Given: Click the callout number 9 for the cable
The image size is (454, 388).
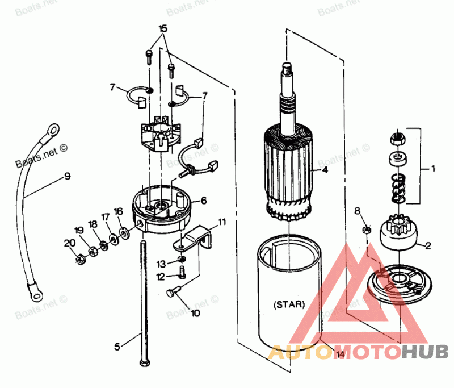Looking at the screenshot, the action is [68, 176].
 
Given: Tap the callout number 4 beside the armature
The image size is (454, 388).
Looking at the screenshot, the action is [325, 169].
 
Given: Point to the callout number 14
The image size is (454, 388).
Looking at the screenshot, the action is [340, 355].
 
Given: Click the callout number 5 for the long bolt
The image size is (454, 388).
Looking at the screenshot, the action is [117, 345].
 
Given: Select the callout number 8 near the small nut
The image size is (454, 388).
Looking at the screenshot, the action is [357, 211].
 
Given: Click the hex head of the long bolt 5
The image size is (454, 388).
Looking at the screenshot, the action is [141, 362].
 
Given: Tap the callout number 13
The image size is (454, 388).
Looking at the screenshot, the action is [161, 264].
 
